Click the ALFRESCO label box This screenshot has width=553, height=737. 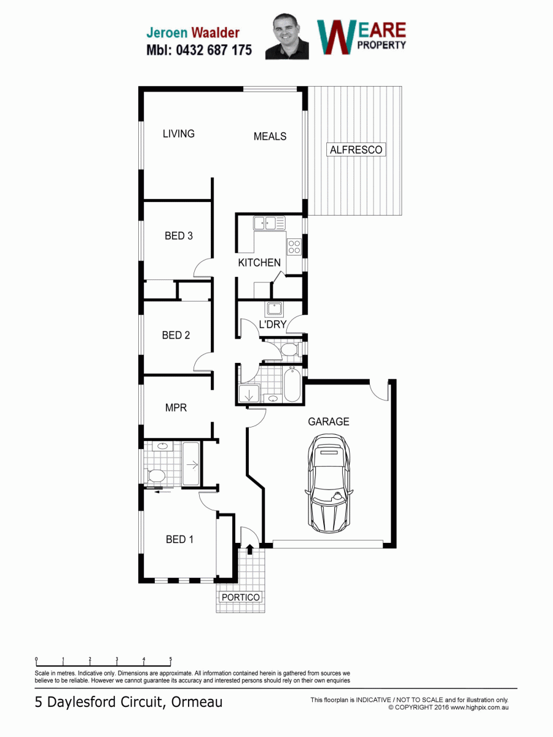[x=356, y=149]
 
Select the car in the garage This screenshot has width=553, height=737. [x=329, y=483]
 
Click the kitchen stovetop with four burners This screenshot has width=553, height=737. [x=294, y=247]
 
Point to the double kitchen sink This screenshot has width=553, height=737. [x=269, y=223]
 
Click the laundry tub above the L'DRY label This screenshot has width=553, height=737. [x=275, y=309]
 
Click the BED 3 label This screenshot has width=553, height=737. [x=179, y=236]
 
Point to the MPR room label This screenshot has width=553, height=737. [x=176, y=408]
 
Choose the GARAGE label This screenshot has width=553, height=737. [x=329, y=421]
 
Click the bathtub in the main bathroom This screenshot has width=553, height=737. [x=292, y=384]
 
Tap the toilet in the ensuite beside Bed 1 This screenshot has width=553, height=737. [x=155, y=476]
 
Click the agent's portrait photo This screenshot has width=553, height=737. [x=287, y=37]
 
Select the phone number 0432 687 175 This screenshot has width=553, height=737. [x=214, y=50]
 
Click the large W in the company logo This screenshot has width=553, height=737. [x=336, y=37]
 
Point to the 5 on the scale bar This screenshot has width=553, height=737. [x=171, y=659]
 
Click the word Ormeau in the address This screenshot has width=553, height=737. [x=197, y=702]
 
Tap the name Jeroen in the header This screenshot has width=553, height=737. [x=167, y=33]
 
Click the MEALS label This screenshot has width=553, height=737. [x=270, y=136]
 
